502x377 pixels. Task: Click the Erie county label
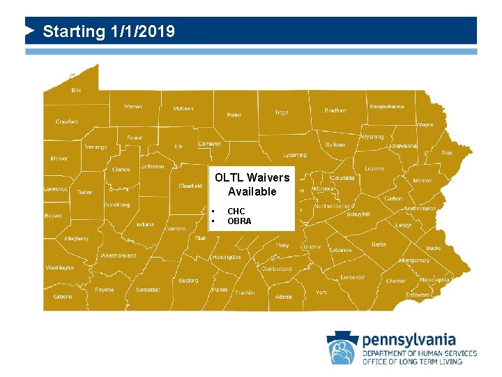tap(76, 90)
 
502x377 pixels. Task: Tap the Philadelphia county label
tap(434, 279)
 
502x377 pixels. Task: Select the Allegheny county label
tap(76, 239)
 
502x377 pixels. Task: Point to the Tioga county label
tap(281, 112)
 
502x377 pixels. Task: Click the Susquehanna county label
tap(386, 107)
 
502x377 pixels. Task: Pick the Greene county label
tap(63, 296)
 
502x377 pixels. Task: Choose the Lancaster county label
tap(353, 277)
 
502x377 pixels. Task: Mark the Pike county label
tap(447, 152)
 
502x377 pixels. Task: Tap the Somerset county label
tap(148, 289)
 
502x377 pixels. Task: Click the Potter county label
tap(234, 115)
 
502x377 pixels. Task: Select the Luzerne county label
tap(374, 168)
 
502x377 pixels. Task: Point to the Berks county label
tap(379, 245)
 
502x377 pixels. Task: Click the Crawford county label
tap(67, 121)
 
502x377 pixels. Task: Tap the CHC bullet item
tap(236, 211)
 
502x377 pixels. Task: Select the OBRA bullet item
tap(239, 221)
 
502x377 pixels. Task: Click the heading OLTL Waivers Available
tap(252, 184)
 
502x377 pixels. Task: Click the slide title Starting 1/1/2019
tap(108, 31)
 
